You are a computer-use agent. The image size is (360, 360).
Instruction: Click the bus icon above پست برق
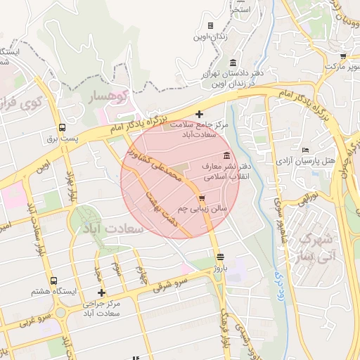pyautogui.click(x=63, y=128)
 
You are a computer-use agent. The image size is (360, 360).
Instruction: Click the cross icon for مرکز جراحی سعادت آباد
pyautogui.click(x=102, y=292)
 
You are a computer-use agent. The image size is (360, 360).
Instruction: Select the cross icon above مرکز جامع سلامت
pyautogui.click(x=199, y=113)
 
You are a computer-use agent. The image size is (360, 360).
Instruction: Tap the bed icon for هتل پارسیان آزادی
pyautogui.click(x=304, y=150)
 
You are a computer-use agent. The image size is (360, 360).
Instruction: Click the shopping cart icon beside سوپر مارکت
pyautogui.click(x=342, y=56)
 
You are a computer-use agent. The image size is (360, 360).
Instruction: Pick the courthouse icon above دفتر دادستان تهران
pyautogui.click(x=233, y=63)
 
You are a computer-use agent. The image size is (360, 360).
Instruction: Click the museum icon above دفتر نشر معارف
pyautogui.click(x=226, y=155)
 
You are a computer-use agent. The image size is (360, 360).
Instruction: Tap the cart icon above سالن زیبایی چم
pyautogui.click(x=202, y=198)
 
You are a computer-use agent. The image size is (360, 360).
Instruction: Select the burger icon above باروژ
pyautogui.click(x=221, y=257)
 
